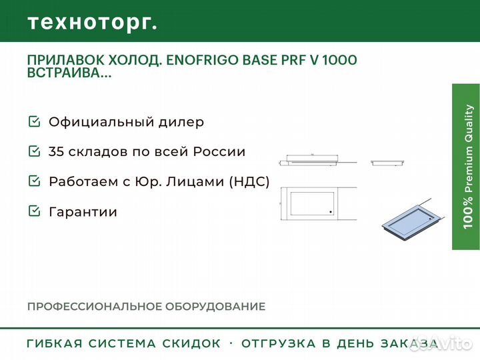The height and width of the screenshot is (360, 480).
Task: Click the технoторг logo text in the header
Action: pyautogui.click(x=93, y=23)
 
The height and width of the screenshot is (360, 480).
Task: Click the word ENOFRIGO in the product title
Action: pyautogui.click(x=203, y=60)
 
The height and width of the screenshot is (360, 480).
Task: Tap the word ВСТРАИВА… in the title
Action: pyautogui.click(x=69, y=73)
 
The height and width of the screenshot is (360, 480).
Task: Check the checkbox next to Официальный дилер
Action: pyautogui.click(x=34, y=121)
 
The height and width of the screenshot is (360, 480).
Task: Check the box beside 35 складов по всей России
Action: pyautogui.click(x=34, y=151)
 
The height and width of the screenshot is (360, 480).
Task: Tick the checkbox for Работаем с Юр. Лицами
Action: pyautogui.click(x=34, y=181)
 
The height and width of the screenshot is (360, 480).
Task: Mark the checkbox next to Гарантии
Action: pyautogui.click(x=34, y=211)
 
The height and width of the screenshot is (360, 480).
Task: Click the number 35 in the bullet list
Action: pyautogui.click(x=56, y=151)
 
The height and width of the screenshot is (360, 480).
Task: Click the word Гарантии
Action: pyautogui.click(x=83, y=212)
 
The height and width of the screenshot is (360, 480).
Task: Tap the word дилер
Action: pyautogui.click(x=181, y=122)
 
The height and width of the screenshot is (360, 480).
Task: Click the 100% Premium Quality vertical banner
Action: pyautogui.click(x=466, y=167)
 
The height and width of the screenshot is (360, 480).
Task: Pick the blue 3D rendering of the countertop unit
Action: pyautogui.click(x=413, y=220)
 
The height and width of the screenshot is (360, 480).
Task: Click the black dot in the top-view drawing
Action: pyautogui.click(x=331, y=212)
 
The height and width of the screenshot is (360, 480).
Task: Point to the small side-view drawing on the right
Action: pyautogui.click(x=388, y=163)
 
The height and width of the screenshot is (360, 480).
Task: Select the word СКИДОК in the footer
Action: pyautogui.click(x=191, y=343)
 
